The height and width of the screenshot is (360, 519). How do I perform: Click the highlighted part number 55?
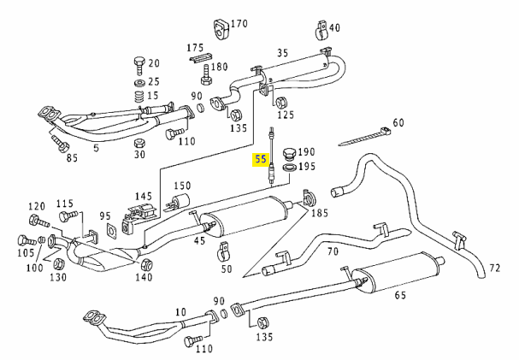tap(260, 159)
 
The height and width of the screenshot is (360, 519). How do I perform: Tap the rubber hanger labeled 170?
tap(220, 29)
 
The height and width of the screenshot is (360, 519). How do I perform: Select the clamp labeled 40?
tap(321, 31)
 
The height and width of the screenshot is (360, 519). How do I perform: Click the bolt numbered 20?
tap(139, 65)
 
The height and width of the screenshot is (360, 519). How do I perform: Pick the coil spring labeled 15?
tap(140, 97)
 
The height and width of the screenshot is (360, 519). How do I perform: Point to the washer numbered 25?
tap(139, 83)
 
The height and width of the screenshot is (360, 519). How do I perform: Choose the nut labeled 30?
tap(139, 144)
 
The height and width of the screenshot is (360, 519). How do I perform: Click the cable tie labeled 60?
tap(364, 136)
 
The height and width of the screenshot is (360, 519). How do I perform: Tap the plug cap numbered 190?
tap(289, 154)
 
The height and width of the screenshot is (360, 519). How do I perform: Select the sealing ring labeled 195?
tap(289, 168)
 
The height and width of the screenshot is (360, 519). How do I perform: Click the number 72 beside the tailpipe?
tap(494, 268)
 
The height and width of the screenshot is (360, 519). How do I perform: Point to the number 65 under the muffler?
tap(400, 294)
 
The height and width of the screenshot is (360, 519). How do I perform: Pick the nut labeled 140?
tap(146, 264)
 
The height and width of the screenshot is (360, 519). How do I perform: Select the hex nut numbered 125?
tap(281, 103)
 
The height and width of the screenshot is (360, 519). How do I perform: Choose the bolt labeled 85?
tap(60, 143)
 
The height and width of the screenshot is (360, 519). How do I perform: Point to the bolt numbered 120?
tap(38, 221)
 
